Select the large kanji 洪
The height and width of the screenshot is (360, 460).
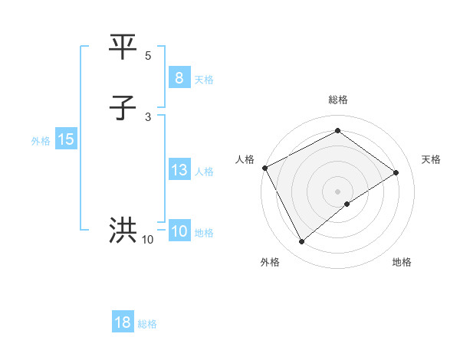pyautogui.click(x=123, y=231)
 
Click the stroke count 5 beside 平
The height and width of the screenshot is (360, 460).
pyautogui.click(x=148, y=56)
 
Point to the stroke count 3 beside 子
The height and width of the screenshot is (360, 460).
pyautogui.click(x=148, y=116)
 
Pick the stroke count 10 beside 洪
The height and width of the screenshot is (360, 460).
pyautogui.click(x=147, y=240)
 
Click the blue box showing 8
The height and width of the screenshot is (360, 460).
pyautogui.click(x=179, y=78)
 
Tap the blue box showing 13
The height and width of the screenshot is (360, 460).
pyautogui.click(x=179, y=170)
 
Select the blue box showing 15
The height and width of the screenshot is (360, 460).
pyautogui.click(x=66, y=139)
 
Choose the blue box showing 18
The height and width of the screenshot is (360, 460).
pyautogui.click(x=123, y=322)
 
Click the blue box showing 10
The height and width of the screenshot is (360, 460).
pyautogui.click(x=179, y=231)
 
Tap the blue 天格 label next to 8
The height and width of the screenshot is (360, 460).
pyautogui.click(x=204, y=80)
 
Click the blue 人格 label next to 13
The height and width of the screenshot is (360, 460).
pyautogui.click(x=204, y=172)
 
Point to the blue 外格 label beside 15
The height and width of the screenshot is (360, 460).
pyautogui.click(x=41, y=141)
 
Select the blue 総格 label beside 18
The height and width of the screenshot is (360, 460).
pyautogui.click(x=148, y=324)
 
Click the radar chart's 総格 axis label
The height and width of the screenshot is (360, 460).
pyautogui.click(x=337, y=100)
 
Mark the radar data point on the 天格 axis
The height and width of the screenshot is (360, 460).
pyautogui.click(x=396, y=172)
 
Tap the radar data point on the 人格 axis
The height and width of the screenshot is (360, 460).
pyautogui.click(x=264, y=168)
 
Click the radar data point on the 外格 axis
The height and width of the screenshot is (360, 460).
pyautogui.click(x=301, y=242)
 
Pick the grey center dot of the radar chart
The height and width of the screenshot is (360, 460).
pyautogui.click(x=337, y=191)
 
